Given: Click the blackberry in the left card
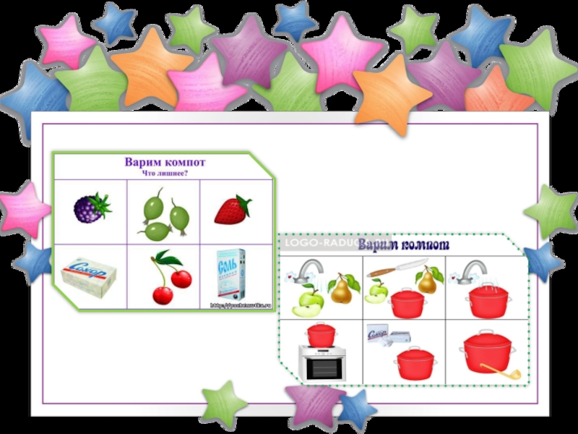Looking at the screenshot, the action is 91,208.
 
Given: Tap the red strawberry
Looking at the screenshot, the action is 233,209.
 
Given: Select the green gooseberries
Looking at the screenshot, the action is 162,214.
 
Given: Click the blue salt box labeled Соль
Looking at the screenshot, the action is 231,275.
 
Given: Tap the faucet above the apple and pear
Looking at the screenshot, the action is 309,270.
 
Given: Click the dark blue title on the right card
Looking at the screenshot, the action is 404,245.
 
